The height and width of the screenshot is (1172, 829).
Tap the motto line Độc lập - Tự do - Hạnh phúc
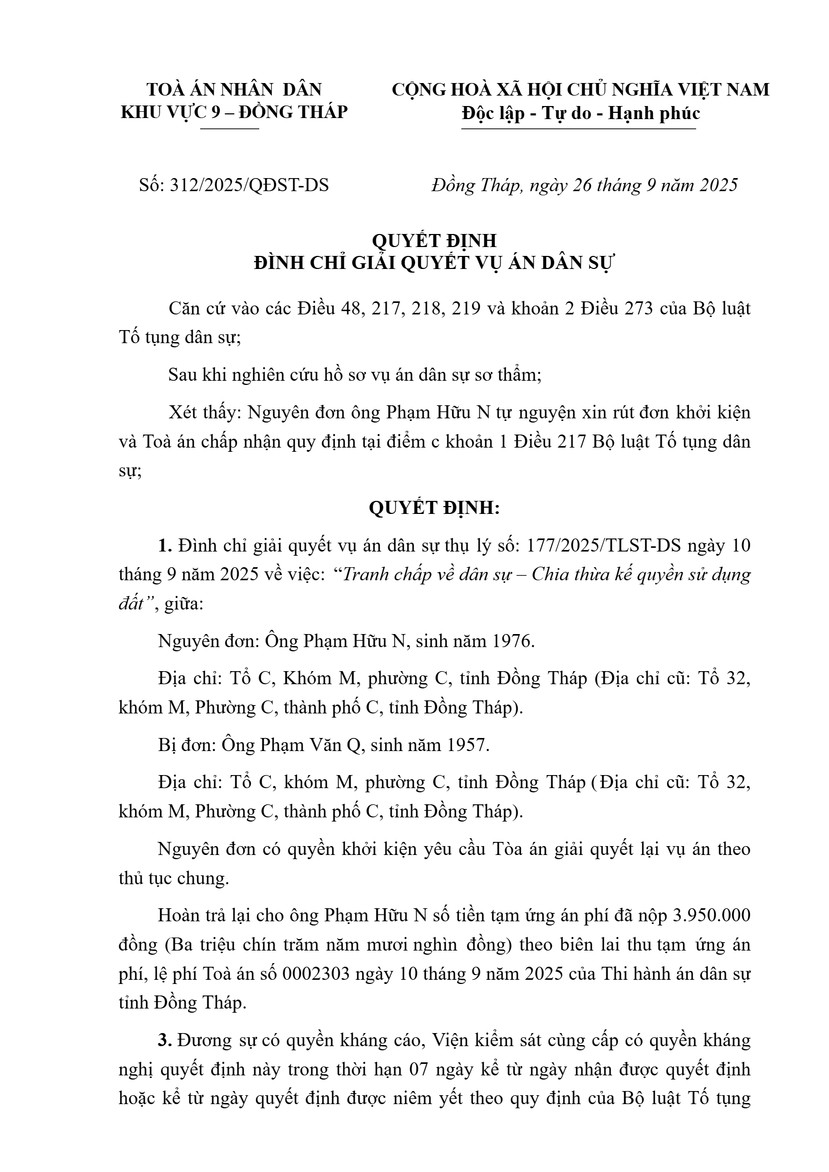click(x=580, y=113)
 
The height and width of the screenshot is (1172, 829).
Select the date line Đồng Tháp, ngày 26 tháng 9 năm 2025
click(x=584, y=185)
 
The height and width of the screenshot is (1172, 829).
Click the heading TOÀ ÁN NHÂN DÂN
click(x=234, y=90)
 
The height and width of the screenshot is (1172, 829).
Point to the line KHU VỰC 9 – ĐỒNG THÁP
click(x=234, y=112)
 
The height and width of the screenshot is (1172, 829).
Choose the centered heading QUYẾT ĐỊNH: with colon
click(x=434, y=508)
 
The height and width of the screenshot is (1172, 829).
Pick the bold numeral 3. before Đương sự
click(x=165, y=1040)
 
